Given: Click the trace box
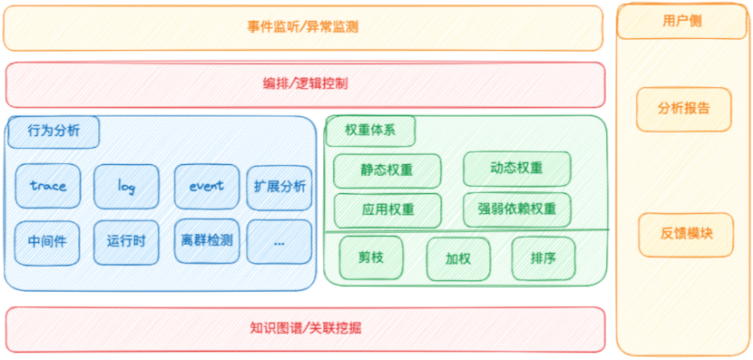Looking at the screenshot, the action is coord(47,186).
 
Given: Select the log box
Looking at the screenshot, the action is coord(126,186).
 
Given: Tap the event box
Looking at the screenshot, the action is coord(207,186).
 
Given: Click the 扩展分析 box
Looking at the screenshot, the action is coord(279,187).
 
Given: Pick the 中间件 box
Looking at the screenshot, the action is coord(46,243).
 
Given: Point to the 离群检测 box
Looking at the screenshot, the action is coord(207,241).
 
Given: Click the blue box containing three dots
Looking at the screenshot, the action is coord(279,242).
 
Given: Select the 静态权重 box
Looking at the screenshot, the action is coord(387,170).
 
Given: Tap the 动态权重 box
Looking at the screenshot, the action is coord(517,169).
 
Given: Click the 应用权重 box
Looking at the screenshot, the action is coord(387,210).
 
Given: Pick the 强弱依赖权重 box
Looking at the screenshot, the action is coord(517,209).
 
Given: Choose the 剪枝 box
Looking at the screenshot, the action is coord(371,258).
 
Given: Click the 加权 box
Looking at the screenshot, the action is coord(458,259).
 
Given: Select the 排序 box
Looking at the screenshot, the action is coord(543,258).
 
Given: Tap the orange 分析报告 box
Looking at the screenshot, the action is coord(684,110).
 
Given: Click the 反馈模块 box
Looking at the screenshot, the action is coord(686,235).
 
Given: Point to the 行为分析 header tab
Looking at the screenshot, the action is coord(54,131).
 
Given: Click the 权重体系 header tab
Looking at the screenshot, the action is coord(370,131).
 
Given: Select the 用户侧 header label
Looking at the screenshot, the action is coord(683,22).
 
